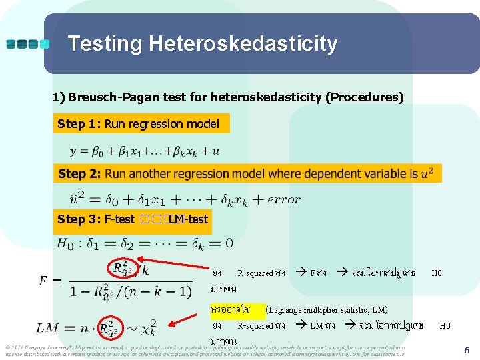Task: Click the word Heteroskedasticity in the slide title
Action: coord(243,45)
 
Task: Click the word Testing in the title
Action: coord(106,45)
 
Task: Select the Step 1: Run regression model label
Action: coord(139,124)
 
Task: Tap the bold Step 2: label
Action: coord(79,174)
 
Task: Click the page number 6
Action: coord(467,350)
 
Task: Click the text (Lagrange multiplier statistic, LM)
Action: coord(328,310)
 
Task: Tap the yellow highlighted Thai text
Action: coord(230,310)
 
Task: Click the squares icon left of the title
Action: coord(28,45)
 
